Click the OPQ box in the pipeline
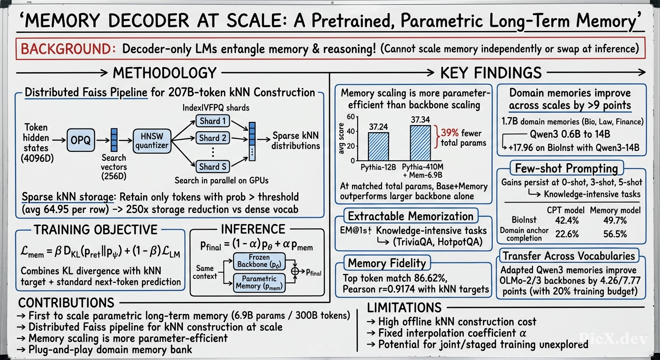click(81, 140)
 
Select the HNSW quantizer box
click(152, 141)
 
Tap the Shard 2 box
click(213, 138)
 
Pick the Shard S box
click(213, 166)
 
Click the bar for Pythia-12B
click(378, 146)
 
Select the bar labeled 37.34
click(420, 143)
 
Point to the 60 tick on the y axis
click(351, 117)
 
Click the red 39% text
click(450, 133)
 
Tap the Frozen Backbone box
click(259, 261)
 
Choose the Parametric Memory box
click(259, 283)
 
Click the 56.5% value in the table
click(615, 234)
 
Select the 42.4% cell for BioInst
click(567, 220)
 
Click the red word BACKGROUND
click(68, 49)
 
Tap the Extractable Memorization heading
click(411, 216)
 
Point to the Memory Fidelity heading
click(387, 263)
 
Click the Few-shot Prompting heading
click(566, 168)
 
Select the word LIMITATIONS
click(404, 307)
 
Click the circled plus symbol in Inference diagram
click(295, 271)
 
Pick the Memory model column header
click(615, 210)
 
